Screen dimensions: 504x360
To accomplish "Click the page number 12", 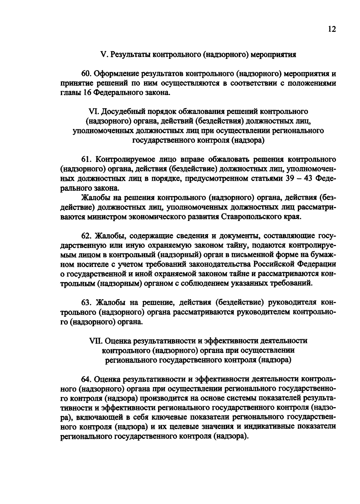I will [332, 29].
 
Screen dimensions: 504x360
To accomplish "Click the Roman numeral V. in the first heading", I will [103, 55].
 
